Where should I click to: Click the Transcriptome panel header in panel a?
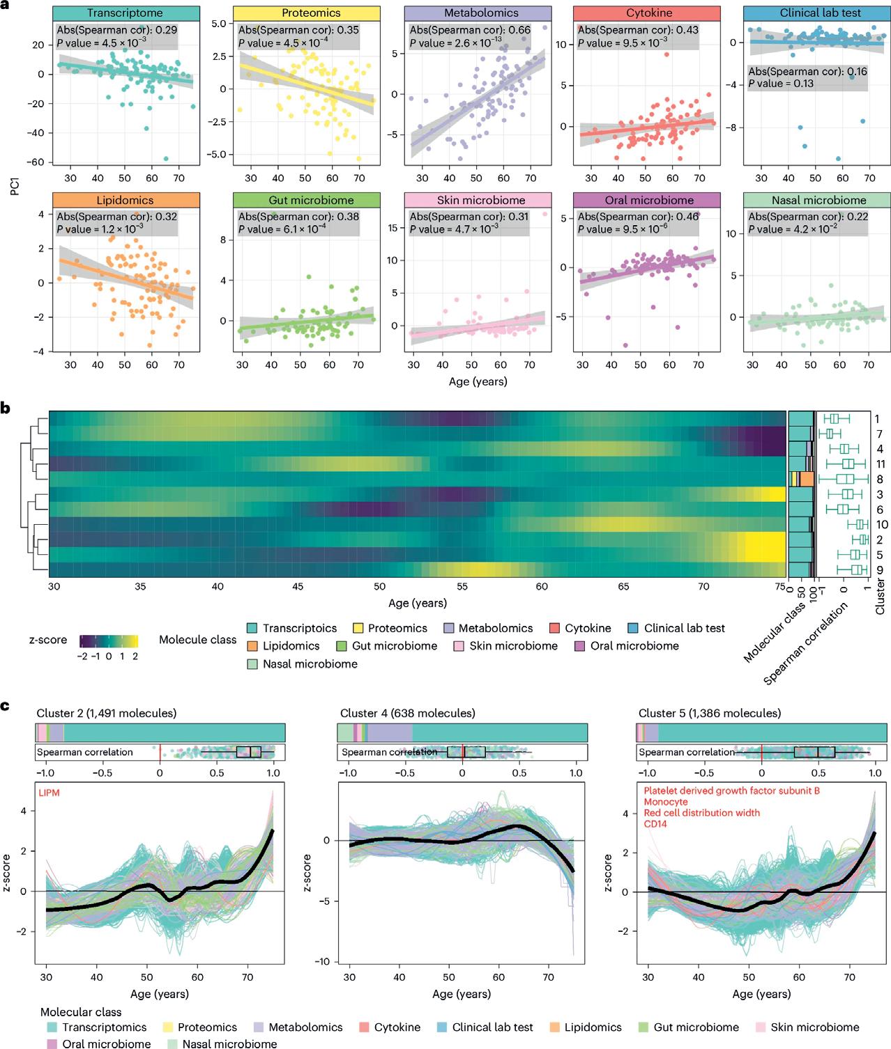coord(124,13)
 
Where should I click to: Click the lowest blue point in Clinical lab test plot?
coord(839,159)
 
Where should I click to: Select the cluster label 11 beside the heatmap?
coord(880,464)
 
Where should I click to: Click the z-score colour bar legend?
coord(108,641)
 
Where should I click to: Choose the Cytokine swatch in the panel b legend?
coord(555,628)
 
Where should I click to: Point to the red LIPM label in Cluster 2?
coord(49,790)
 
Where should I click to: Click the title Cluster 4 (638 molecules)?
coord(407,713)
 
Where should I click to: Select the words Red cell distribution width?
coord(701,813)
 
